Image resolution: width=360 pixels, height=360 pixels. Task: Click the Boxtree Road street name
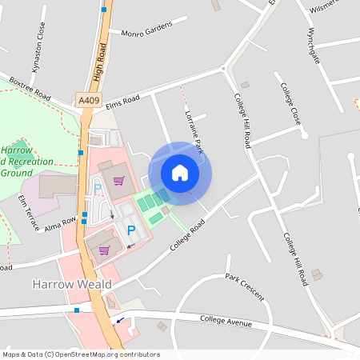pyautogui.click(x=29, y=86)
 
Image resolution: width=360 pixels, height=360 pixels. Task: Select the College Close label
pyautogui.click(x=290, y=104)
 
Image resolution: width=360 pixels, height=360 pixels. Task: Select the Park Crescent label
pyautogui.click(x=245, y=285)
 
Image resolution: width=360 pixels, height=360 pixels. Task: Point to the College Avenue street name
pyautogui.click(x=225, y=322)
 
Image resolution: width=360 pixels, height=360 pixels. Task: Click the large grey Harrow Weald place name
pyautogui.click(x=65, y=284)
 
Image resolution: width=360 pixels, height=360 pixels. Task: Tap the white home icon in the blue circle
pyautogui.click(x=180, y=173)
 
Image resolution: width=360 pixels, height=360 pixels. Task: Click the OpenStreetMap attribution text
pyautogui.click(x=81, y=354)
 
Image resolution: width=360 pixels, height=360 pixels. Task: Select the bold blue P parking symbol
pyautogui.click(x=131, y=230)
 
